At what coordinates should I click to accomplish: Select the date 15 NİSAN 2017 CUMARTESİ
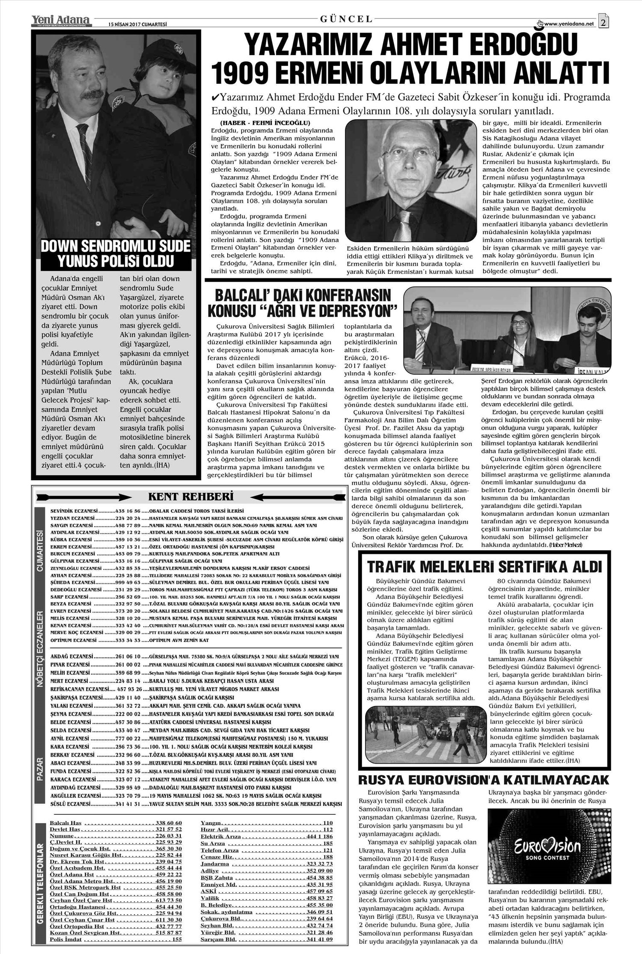(132, 24)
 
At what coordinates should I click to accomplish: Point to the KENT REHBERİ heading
(190, 497)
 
